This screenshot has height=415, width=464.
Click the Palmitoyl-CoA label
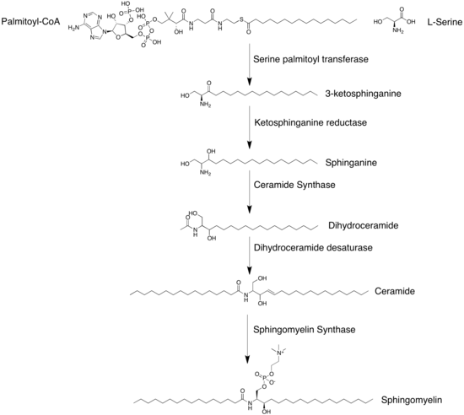30,21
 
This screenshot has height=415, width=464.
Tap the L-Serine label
445,22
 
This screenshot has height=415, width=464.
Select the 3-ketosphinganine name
363,94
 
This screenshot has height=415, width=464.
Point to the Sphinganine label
351,163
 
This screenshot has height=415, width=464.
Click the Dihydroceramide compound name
363,225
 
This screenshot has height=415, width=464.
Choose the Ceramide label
395,291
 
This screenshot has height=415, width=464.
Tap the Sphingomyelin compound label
412,400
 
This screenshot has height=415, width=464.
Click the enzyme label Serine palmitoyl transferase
310,59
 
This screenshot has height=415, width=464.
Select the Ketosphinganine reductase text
310,122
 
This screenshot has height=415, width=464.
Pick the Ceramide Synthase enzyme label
294,185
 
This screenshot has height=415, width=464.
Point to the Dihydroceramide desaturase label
313,248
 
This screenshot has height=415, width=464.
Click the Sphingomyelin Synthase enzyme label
305,330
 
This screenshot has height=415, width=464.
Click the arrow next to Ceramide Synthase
250,191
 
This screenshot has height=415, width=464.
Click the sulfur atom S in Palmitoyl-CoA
241,19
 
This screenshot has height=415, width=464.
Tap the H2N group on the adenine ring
73,28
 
